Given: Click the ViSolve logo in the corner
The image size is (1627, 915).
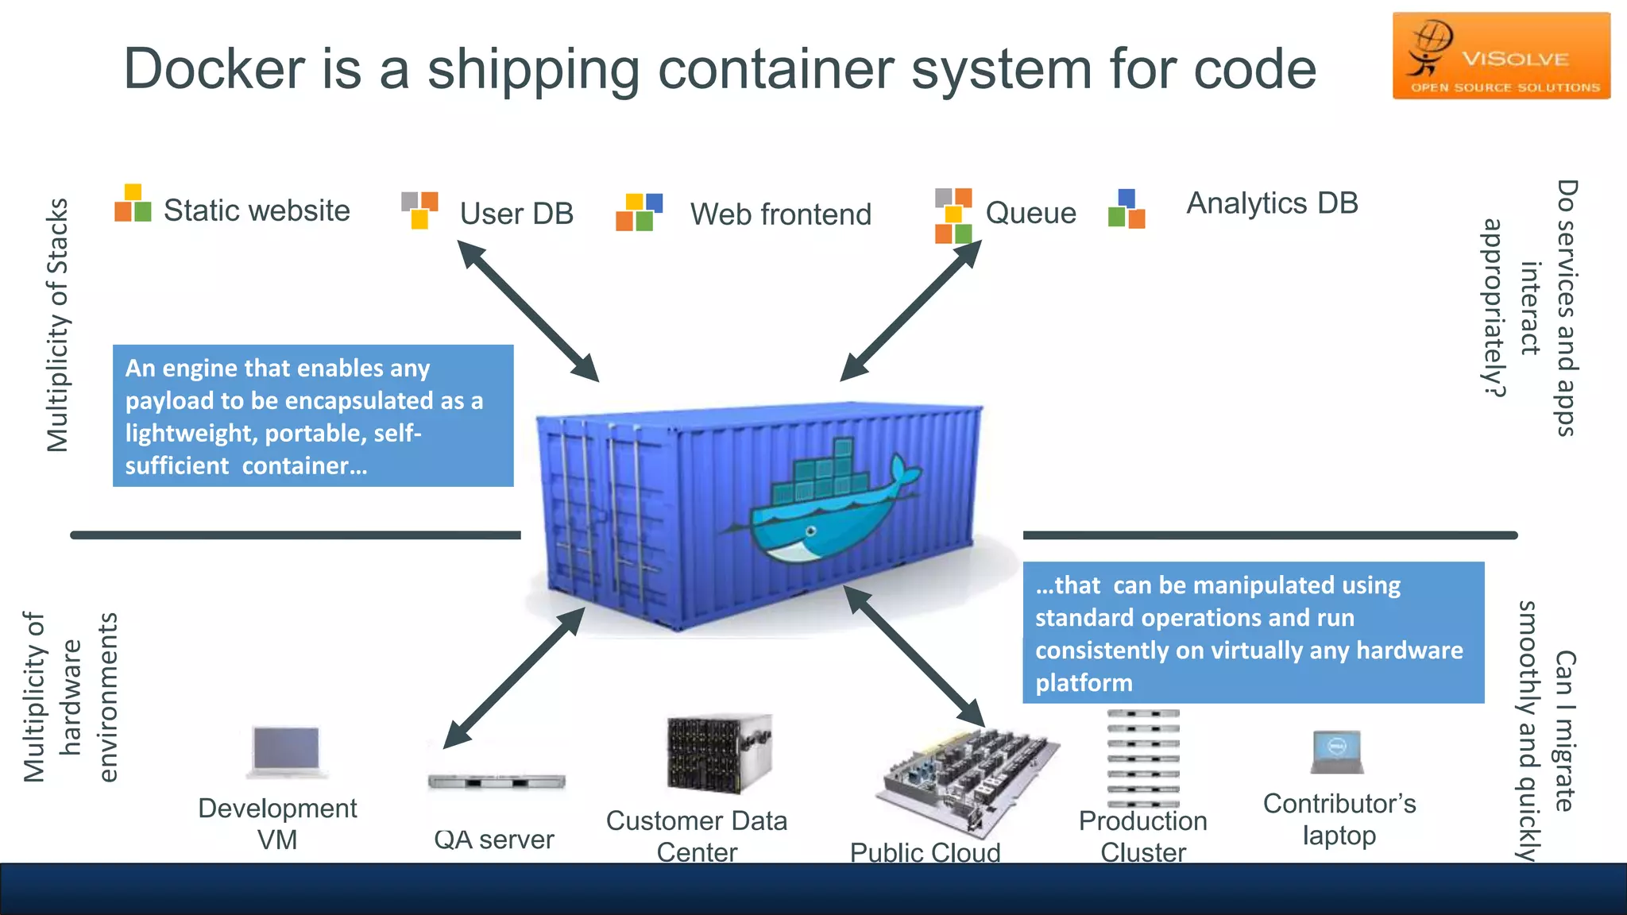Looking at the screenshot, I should click(x=1501, y=56).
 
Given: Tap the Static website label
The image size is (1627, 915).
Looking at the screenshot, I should click(x=256, y=210).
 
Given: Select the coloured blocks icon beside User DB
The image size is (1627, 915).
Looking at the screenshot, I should click(x=419, y=210).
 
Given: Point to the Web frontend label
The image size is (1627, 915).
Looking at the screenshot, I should click(x=780, y=214).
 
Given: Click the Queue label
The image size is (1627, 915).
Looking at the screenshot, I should click(x=1030, y=213).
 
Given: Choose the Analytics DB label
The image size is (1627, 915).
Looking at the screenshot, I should click(x=1272, y=203).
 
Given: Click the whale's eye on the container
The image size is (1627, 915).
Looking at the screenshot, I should click(x=810, y=531).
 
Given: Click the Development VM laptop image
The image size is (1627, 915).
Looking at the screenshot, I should click(x=286, y=751).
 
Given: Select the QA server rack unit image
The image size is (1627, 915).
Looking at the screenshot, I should click(x=496, y=782).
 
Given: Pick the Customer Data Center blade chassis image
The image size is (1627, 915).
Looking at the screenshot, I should click(x=718, y=753).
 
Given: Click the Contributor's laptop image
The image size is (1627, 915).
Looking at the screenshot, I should click(x=1338, y=751).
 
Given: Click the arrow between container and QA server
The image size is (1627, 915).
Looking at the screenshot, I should click(x=514, y=678).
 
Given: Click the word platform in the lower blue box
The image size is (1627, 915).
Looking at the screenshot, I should click(x=1084, y=683).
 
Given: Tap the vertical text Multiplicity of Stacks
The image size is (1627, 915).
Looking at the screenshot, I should click(x=58, y=326).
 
